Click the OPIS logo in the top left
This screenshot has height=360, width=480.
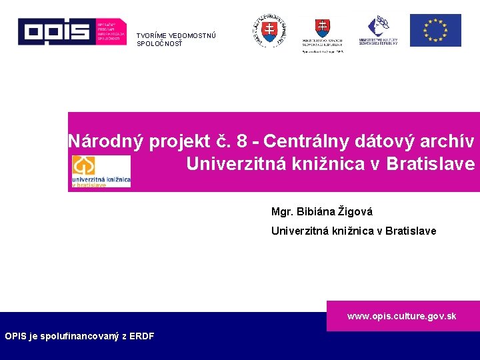pyautogui.click(x=71, y=31)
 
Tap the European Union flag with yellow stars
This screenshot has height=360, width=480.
pyautogui.click(x=435, y=31)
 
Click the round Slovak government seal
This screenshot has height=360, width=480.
pyautogui.click(x=269, y=31)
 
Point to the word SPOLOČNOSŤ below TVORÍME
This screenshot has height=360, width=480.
pyautogui.click(x=159, y=44)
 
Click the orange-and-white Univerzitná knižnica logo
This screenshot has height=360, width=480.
pyautogui.click(x=101, y=171)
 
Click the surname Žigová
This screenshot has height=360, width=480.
pyautogui.click(x=355, y=212)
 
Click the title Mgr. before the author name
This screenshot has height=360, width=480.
pyautogui.click(x=283, y=212)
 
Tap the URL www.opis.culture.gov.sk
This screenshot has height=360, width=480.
pyautogui.click(x=401, y=316)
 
